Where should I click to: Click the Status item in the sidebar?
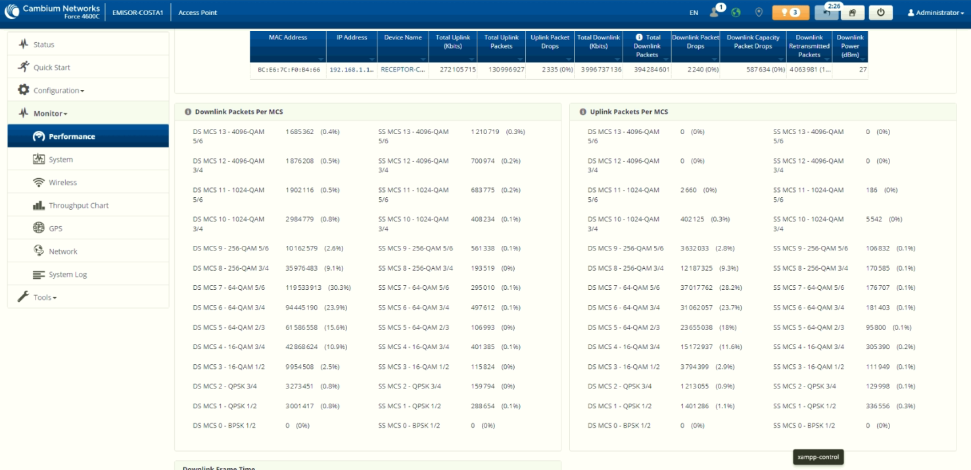click(44, 44)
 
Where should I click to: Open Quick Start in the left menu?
click(51, 67)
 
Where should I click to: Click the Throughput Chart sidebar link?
click(78, 206)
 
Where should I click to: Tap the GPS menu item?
click(55, 229)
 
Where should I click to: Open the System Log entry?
click(68, 275)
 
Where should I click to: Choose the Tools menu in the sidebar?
click(45, 297)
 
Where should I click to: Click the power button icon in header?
click(880, 12)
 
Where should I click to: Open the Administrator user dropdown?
click(935, 12)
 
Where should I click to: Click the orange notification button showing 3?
click(790, 12)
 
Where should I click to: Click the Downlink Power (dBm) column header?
click(849, 46)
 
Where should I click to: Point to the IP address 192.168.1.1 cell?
click(352, 70)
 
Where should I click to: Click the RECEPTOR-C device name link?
click(403, 70)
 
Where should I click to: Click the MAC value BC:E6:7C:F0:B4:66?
click(289, 70)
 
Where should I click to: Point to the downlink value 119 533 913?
click(304, 287)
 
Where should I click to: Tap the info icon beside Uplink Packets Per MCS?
click(582, 112)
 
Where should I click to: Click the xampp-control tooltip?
click(818, 457)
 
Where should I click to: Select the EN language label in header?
click(694, 12)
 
